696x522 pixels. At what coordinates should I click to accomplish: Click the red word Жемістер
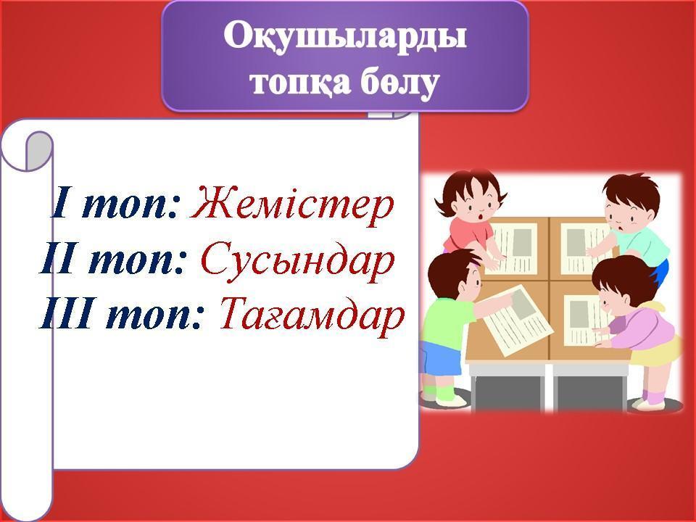(292, 205)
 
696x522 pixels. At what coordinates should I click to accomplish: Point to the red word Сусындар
(297, 261)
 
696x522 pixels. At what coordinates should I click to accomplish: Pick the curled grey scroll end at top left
(39, 151)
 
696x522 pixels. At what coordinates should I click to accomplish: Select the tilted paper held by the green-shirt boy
(518, 319)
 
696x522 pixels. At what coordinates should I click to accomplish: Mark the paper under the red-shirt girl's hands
(514, 249)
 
